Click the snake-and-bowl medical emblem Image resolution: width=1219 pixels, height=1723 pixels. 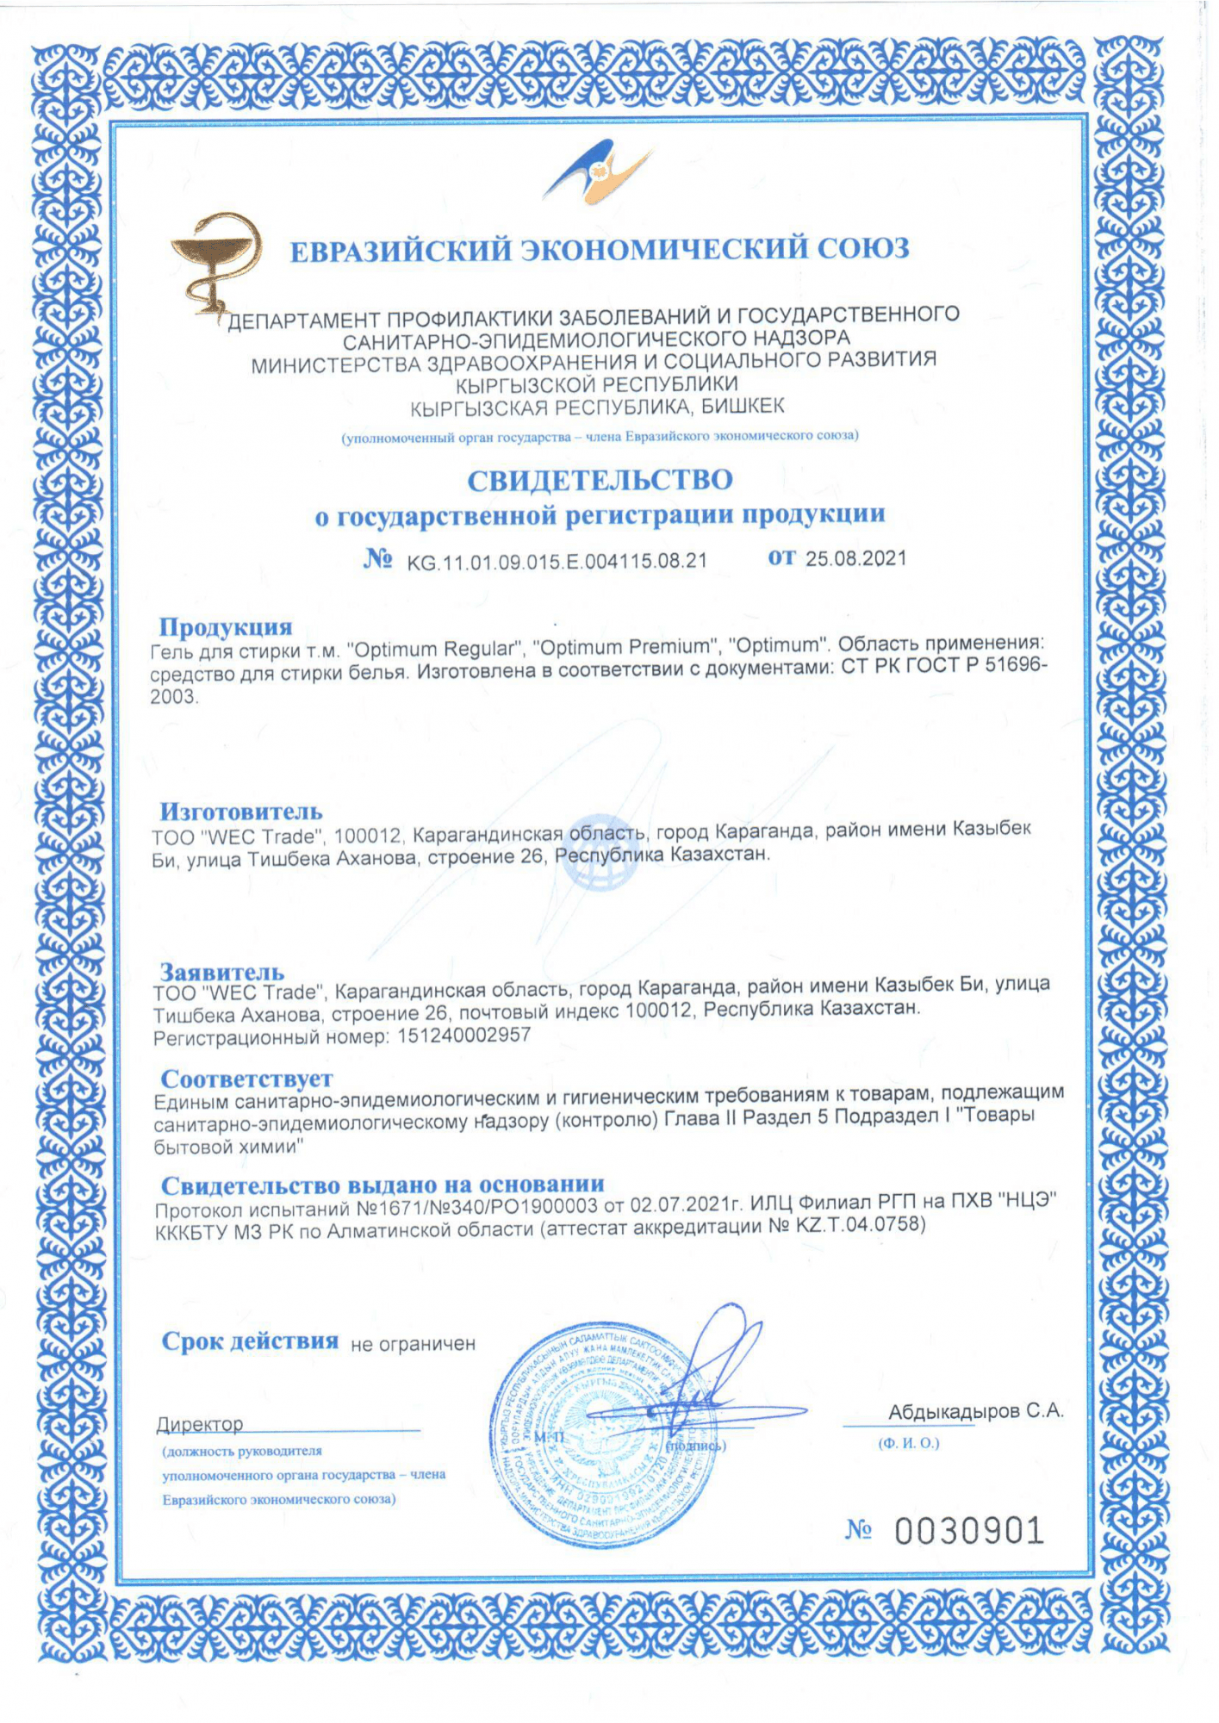[212, 262]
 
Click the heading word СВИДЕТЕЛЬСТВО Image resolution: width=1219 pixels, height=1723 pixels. [600, 480]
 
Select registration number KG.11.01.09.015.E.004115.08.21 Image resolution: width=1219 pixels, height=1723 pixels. [557, 562]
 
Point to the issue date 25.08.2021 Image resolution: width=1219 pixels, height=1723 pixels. [855, 558]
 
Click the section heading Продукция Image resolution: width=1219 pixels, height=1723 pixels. [226, 626]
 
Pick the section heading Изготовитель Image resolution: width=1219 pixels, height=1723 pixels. [241, 811]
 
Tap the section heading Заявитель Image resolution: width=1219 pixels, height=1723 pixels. [222, 972]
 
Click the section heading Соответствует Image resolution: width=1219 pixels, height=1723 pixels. [246, 1078]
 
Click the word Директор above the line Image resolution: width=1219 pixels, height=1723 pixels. [200, 1424]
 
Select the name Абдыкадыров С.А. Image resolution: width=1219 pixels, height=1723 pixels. [976, 1411]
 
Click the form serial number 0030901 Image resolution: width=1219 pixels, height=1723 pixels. [968, 1531]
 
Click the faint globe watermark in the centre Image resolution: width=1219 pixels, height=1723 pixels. [600, 851]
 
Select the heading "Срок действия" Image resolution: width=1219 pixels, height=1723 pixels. [250, 1341]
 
